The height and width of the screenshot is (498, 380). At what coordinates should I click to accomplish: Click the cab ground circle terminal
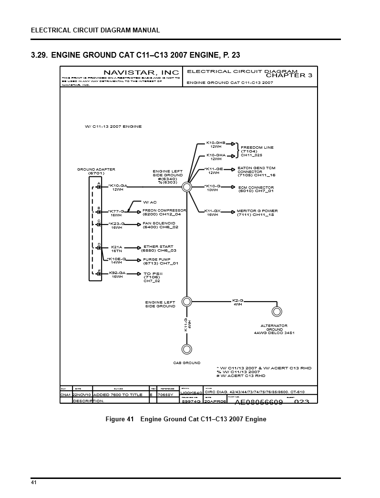point(187,348)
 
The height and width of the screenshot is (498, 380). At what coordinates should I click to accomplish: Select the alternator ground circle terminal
point(276,312)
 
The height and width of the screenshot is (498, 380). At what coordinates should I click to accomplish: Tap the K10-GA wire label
point(118,185)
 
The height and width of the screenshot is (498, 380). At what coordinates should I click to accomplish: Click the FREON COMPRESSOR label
point(164,210)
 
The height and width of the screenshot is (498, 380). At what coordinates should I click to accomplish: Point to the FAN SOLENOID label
point(159,223)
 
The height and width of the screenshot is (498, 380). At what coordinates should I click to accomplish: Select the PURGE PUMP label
point(157,260)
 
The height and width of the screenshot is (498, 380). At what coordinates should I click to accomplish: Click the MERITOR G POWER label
point(257,211)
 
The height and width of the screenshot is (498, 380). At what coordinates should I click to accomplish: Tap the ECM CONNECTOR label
point(256,187)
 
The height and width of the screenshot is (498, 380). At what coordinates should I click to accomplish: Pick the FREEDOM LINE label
point(257,148)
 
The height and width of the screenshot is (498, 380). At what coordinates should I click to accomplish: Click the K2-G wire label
point(237,300)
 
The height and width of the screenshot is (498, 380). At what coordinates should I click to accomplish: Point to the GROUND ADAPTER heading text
point(96,170)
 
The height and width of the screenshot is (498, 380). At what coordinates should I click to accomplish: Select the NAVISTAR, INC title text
point(135,72)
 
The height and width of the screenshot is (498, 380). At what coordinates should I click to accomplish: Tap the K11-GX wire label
point(212,211)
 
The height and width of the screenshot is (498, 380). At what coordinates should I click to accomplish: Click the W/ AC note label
point(150,202)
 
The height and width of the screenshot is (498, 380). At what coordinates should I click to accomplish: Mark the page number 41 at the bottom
point(34,483)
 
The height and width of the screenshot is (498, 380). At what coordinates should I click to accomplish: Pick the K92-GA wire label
point(117,273)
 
